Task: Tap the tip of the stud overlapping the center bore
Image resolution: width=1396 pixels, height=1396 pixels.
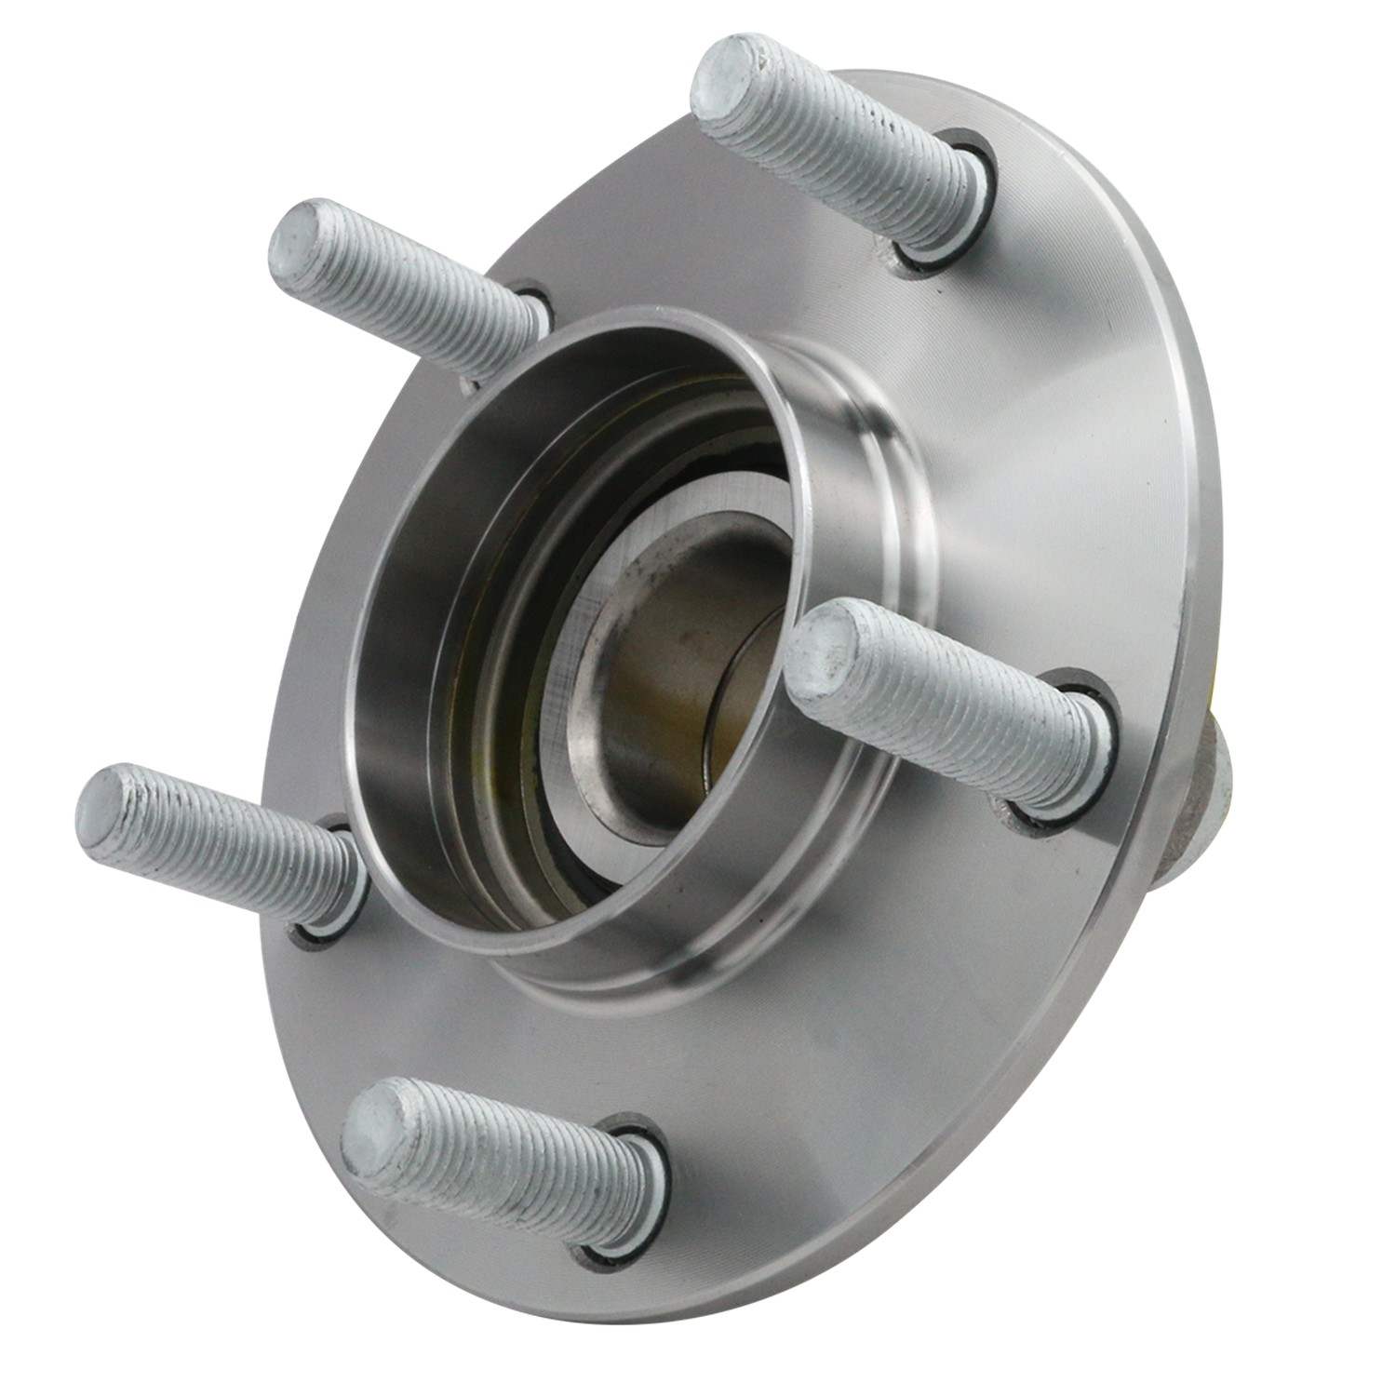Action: click(x=824, y=642)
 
